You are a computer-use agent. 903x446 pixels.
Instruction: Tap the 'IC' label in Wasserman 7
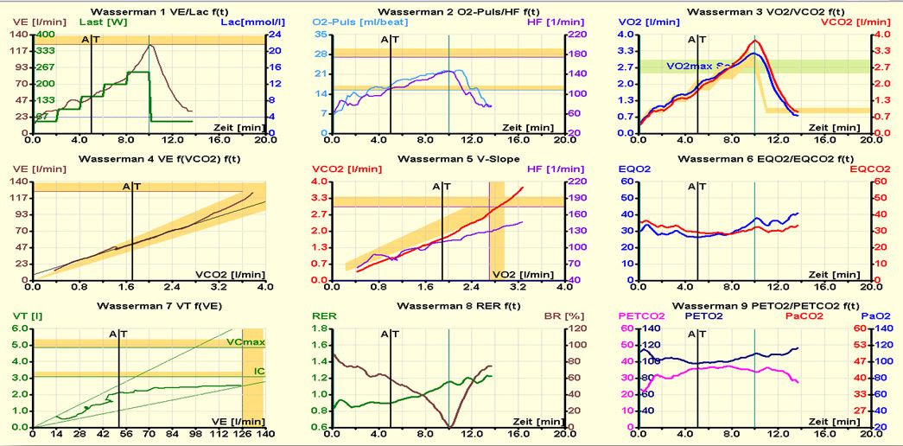258,372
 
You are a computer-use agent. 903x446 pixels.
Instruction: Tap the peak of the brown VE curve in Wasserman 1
150,45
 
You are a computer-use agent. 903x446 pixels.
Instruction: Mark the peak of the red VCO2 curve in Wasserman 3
757,41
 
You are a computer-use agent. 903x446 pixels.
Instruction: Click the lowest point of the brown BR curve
449,426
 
